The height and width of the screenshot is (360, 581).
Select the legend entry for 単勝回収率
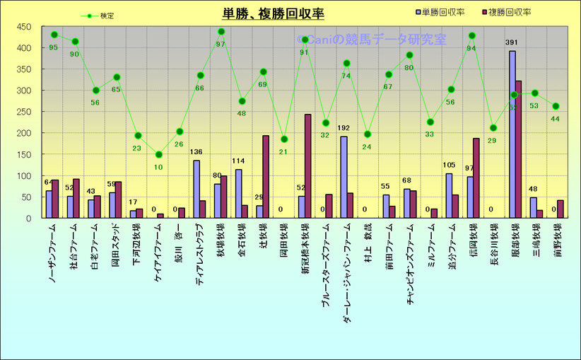click(442, 12)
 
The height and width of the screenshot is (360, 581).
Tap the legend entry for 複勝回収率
click(509, 12)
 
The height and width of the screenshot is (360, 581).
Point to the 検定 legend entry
click(98, 16)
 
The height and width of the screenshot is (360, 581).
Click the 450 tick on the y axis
click(24, 27)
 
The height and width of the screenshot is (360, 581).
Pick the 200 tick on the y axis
click(24, 133)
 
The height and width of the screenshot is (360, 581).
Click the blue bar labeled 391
click(512, 134)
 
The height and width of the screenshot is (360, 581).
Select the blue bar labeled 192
click(344, 177)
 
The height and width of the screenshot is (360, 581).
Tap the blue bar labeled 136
click(196, 189)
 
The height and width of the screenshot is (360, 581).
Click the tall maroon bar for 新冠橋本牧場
click(307, 166)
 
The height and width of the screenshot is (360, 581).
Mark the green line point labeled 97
click(221, 32)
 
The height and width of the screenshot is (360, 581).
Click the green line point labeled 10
click(159, 154)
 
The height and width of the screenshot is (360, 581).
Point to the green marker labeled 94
click(472, 36)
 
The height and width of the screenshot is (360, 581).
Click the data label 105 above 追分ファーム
click(449, 166)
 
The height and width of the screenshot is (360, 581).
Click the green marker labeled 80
click(409, 55)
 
